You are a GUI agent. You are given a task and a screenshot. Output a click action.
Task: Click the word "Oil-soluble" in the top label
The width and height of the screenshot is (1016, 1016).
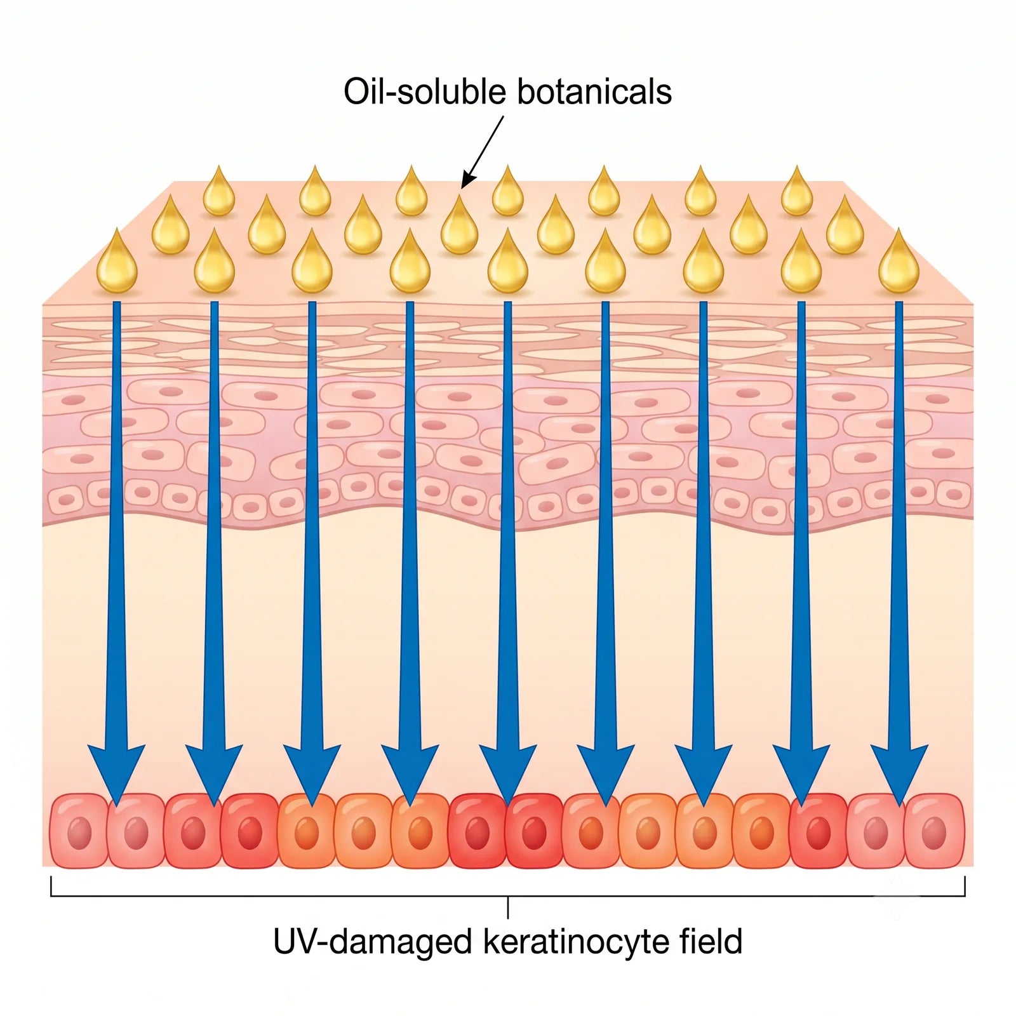[x=424, y=91]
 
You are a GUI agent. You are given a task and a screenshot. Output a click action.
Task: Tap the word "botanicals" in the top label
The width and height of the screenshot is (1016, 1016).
[x=594, y=91]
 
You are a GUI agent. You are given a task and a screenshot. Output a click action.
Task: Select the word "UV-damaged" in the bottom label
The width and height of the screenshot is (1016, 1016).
[x=373, y=942]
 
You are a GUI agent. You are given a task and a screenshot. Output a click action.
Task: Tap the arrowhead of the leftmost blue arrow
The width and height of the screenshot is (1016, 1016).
[x=116, y=775]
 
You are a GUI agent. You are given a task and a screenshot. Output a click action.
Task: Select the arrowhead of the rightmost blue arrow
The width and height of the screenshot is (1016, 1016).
[x=899, y=775]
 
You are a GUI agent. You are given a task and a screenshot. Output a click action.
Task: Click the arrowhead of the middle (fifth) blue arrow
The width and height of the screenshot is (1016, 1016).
[x=508, y=775]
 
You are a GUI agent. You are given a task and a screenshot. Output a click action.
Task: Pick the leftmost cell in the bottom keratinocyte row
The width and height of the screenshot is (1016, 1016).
[x=79, y=831]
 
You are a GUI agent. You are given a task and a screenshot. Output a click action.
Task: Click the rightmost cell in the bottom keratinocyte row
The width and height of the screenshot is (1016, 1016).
[x=934, y=831]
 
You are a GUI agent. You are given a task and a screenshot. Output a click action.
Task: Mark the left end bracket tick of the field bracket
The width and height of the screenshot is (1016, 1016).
[x=51, y=886]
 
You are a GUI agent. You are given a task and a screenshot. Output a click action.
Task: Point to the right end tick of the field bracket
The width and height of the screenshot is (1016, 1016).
[x=965, y=886]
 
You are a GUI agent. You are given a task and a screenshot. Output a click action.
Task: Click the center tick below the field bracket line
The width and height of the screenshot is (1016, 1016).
[x=508, y=907]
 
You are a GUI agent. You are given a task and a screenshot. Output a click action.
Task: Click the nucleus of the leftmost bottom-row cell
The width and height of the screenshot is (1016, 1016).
[x=79, y=832]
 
